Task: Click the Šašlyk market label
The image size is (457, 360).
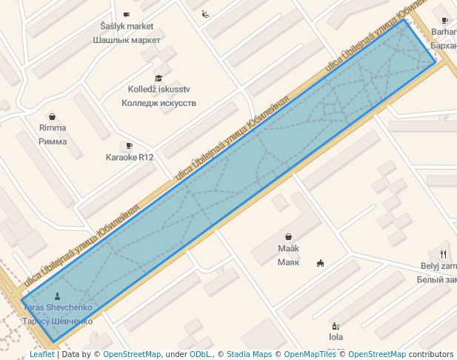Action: coord(127,27)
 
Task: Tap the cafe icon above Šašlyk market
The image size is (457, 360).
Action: coord(127,14)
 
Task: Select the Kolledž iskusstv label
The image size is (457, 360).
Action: coord(159,90)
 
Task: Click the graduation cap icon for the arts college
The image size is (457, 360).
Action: coord(159,78)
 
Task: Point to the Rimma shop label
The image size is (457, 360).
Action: coord(53,128)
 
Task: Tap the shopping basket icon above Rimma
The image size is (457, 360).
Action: coord(53,116)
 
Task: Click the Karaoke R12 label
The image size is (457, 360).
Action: coord(130,158)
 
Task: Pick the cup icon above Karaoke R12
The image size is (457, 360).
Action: coord(130,146)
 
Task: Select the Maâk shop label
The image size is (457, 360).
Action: coord(288,249)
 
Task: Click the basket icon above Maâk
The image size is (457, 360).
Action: coord(288,237)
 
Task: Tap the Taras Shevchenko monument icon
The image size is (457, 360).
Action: coord(58,296)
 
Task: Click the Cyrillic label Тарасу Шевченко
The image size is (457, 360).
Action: coord(58,321)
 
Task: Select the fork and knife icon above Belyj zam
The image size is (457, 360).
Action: coord(443,254)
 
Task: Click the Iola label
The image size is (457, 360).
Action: coord(336,337)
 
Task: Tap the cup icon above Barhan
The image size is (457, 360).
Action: coord(444,21)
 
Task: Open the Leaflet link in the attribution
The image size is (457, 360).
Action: coord(41,355)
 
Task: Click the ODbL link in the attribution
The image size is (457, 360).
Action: coord(199,355)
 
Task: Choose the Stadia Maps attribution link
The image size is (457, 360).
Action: coord(249,355)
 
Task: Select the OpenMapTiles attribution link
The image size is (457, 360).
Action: coord(310,355)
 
